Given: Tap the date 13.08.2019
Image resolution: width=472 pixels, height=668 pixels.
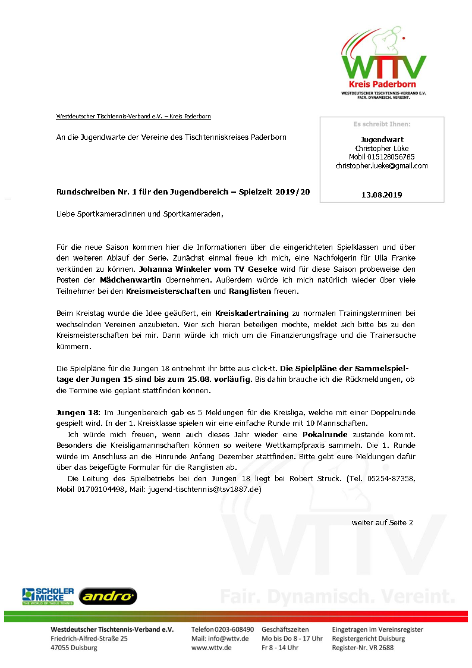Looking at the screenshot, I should [x=382, y=195].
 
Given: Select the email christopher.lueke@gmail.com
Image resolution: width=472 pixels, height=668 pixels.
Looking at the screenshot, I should [x=381, y=166].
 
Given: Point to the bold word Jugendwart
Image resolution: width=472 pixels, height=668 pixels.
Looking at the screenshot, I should [x=382, y=139].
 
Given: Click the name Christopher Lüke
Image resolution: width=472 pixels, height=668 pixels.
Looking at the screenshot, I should [x=382, y=148].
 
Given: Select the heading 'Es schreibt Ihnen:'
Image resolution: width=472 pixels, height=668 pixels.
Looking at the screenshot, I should [x=382, y=124].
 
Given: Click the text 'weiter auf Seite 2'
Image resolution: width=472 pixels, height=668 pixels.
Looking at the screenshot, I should [x=382, y=522].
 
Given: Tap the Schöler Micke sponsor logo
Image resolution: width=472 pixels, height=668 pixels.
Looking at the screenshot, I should [x=48, y=595].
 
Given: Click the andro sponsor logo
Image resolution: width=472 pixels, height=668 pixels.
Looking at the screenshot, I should [x=108, y=595].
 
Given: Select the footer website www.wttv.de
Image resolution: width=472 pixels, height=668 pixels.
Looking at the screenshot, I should [x=211, y=648].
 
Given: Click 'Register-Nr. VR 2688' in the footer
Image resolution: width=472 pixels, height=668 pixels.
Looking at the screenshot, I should [x=363, y=648].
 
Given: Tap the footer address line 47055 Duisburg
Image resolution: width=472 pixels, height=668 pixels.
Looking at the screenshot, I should [x=74, y=648].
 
